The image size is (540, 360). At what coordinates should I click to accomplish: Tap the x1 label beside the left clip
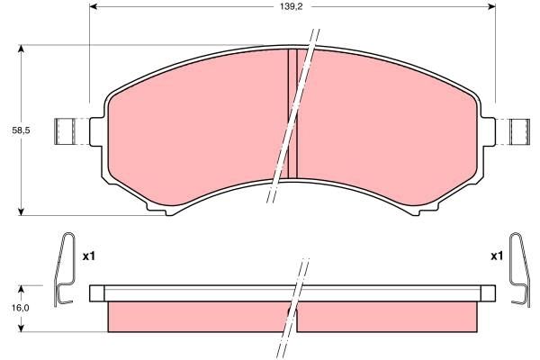(88, 256)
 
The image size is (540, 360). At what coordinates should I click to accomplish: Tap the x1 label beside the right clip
(496, 256)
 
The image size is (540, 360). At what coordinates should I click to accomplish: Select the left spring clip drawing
(64, 269)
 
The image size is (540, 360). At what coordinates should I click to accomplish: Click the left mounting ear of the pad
(71, 132)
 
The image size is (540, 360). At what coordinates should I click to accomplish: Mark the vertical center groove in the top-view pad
(292, 112)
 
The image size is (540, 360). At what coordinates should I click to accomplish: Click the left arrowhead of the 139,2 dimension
(94, 6)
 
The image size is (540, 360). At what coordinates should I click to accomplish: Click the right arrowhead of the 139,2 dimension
(491, 6)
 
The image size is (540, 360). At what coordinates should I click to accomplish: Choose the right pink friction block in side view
(387, 316)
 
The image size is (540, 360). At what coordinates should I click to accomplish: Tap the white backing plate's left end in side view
(97, 293)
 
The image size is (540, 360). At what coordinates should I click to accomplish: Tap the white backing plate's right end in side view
(490, 293)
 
